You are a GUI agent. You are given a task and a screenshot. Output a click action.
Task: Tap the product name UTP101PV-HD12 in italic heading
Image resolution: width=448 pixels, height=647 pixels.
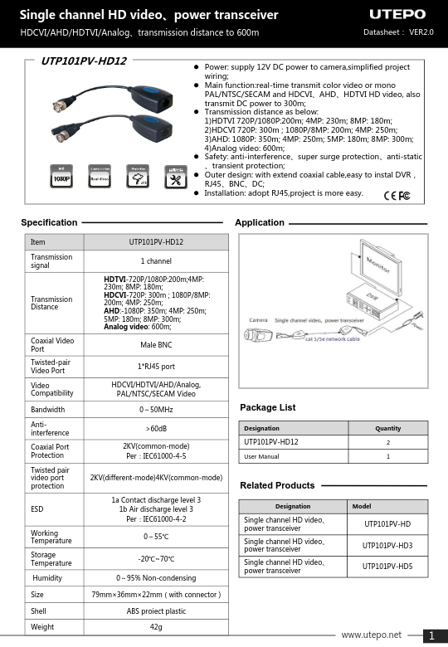point(84,61)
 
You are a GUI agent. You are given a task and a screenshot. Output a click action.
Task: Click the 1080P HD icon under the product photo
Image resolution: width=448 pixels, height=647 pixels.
point(61,176)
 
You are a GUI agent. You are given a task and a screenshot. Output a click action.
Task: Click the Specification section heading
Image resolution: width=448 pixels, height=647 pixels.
point(49,222)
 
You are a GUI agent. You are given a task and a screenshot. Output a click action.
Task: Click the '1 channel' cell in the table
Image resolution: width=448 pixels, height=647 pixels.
point(156,261)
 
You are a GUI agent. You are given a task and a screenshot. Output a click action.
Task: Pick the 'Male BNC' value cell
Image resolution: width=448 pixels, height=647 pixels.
point(156,345)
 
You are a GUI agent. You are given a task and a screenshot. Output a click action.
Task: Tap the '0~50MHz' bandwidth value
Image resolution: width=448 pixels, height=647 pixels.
point(156,410)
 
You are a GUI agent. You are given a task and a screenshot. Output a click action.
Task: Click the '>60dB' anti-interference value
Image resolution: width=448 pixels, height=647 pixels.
point(156,429)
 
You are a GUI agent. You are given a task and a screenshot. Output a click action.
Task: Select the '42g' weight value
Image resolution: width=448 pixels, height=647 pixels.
point(156,627)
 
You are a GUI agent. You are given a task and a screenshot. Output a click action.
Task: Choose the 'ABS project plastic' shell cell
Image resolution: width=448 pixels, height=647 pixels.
point(156,611)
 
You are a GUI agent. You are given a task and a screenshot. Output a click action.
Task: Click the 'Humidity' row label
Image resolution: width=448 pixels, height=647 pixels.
point(48,577)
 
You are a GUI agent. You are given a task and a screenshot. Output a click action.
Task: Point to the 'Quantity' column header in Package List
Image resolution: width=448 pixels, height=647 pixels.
point(388,428)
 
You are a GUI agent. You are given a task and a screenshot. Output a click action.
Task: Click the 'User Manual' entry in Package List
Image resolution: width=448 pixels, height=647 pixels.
point(262,456)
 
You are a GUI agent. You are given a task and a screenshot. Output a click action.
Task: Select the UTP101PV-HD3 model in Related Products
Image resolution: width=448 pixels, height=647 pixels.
point(387,545)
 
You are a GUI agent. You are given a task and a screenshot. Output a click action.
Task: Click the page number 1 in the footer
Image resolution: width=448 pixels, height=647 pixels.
point(432,636)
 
